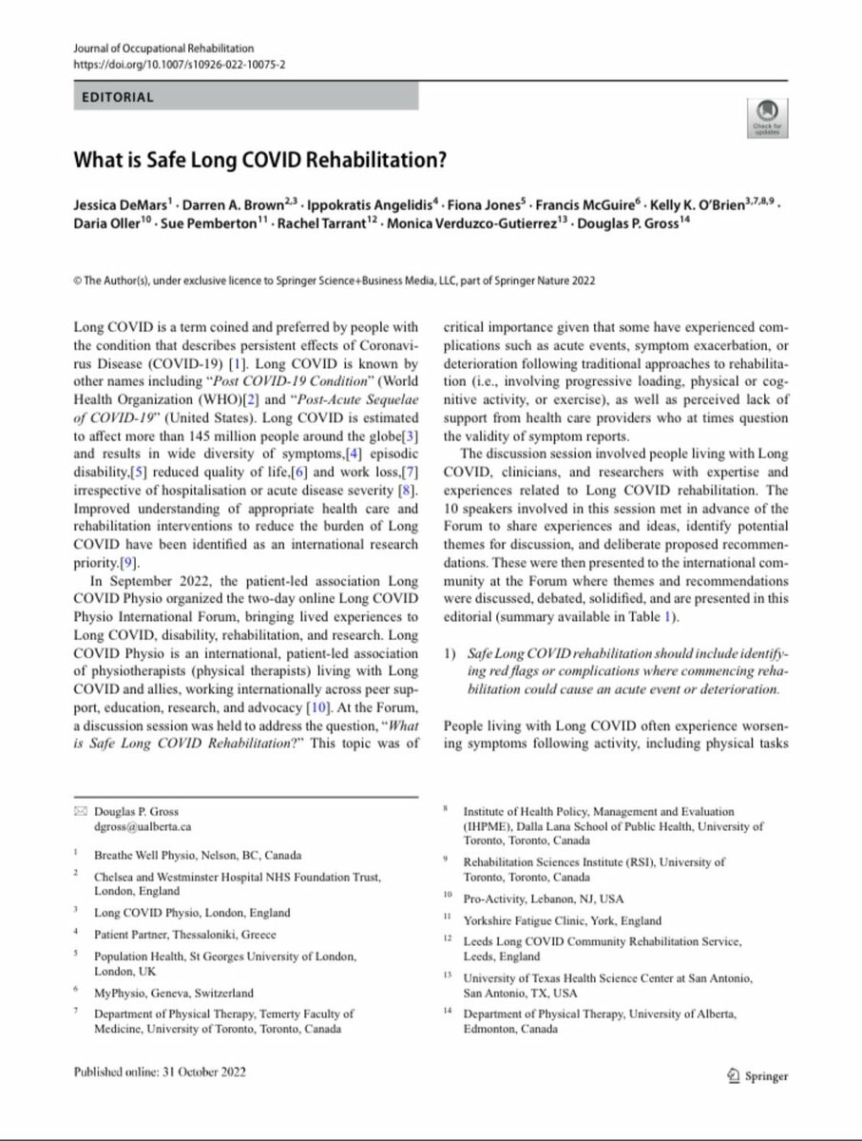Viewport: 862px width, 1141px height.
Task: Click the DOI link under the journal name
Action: [x=174, y=64]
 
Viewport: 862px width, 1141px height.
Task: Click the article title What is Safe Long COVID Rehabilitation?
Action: [x=259, y=159]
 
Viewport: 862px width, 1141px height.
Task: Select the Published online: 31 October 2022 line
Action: [x=160, y=1072]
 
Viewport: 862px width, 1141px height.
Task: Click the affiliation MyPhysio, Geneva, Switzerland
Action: [x=174, y=992]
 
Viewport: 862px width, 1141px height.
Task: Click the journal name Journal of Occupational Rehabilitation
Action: [x=163, y=48]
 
